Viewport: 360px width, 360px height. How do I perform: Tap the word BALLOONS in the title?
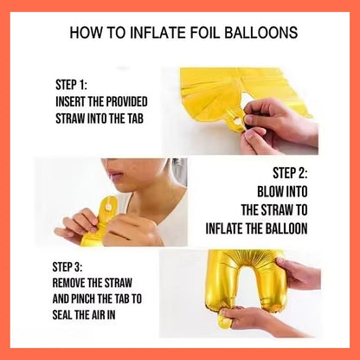pyautogui.click(x=260, y=32)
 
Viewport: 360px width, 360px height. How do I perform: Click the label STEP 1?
pyautogui.click(x=71, y=85)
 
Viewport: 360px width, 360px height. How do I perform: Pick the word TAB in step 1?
pyautogui.click(x=135, y=119)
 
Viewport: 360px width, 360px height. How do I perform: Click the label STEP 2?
pyautogui.click(x=290, y=173)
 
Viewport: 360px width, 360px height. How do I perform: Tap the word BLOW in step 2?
pyautogui.click(x=270, y=191)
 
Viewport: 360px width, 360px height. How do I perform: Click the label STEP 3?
pyautogui.click(x=67, y=267)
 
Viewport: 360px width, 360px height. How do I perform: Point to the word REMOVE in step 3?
pyautogui.click(x=69, y=283)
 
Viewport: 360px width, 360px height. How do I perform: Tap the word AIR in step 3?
pyautogui.click(x=99, y=314)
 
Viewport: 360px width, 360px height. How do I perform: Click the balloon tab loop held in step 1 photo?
pyautogui.click(x=237, y=121)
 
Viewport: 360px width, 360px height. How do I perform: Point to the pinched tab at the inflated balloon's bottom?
pyautogui.click(x=224, y=318)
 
